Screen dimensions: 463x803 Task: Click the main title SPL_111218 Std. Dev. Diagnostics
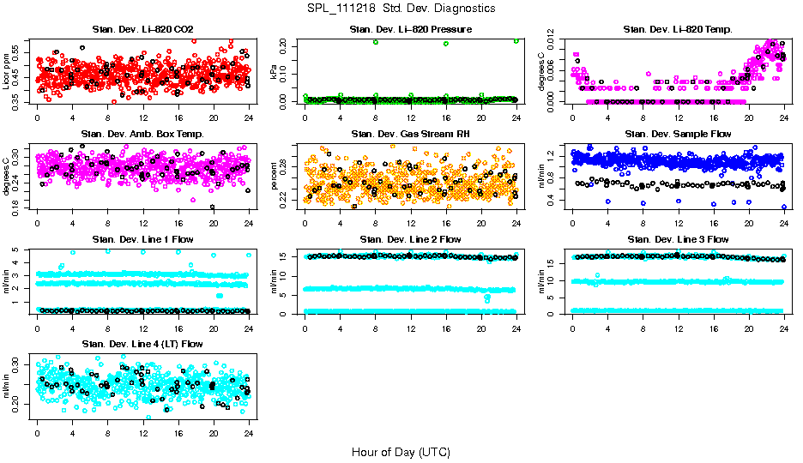coord(401,9)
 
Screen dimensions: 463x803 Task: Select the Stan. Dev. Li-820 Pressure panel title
coord(410,30)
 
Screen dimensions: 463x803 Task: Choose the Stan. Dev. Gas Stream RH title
coord(410,135)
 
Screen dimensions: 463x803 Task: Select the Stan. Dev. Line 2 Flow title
coord(410,239)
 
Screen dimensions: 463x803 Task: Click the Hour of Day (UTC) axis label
coord(401,451)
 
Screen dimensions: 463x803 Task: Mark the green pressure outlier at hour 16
coord(446,43)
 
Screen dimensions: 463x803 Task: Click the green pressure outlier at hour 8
coord(376,42)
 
